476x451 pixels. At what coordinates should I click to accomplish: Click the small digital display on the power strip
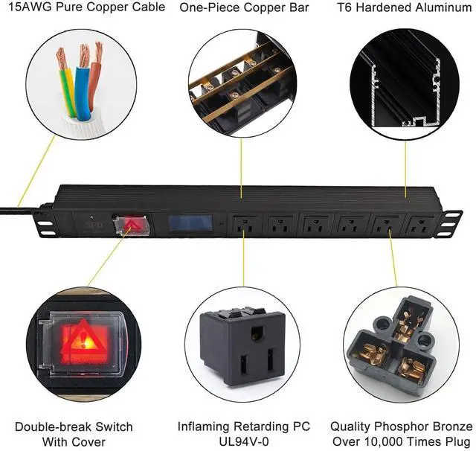[x=186, y=225]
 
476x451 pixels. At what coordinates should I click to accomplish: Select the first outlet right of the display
[x=243, y=225]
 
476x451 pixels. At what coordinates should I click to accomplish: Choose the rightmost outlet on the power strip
[x=419, y=225]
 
